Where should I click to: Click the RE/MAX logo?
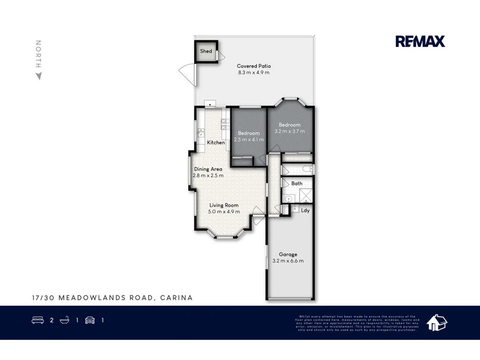pyautogui.click(x=420, y=41)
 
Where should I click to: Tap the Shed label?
pyautogui.click(x=206, y=51)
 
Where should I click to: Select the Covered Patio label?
pyautogui.click(x=254, y=66)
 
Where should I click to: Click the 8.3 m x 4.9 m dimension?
pyautogui.click(x=254, y=73)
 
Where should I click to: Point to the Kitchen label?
pyautogui.click(x=216, y=142)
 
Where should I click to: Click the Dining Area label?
pyautogui.click(x=208, y=169)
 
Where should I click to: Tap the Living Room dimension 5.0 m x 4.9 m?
pyautogui.click(x=224, y=211)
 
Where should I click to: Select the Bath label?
pyautogui.click(x=297, y=183)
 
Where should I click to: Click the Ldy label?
pyautogui.click(x=305, y=210)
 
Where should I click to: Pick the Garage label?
pyautogui.click(x=288, y=254)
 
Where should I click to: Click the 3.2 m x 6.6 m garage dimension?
pyautogui.click(x=288, y=261)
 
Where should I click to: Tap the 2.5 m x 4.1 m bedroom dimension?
pyautogui.click(x=249, y=139)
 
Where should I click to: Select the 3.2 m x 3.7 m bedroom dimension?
pyautogui.click(x=290, y=131)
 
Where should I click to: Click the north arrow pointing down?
pyautogui.click(x=38, y=76)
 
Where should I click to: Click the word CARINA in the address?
pyautogui.click(x=176, y=298)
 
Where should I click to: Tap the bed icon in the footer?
pyautogui.click(x=38, y=321)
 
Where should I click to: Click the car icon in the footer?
pyautogui.click(x=90, y=321)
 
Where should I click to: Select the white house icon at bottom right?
pyautogui.click(x=438, y=322)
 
